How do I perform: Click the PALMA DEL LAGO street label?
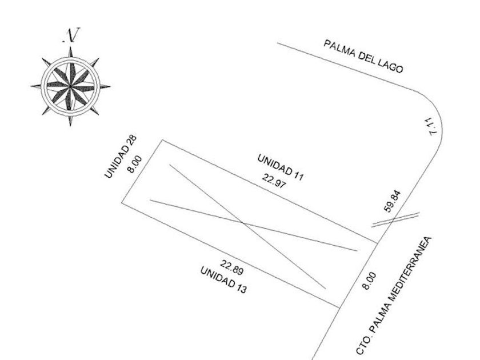click(x=363, y=57)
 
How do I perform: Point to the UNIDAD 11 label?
click(x=280, y=167)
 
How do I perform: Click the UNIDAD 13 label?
click(x=223, y=279)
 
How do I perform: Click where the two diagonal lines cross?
click(x=243, y=221)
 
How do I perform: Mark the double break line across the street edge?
click(x=395, y=219)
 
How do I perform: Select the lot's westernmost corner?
click(x=122, y=203)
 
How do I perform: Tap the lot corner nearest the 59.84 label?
click(x=377, y=243)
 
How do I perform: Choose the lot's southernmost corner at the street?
click(x=341, y=307)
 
